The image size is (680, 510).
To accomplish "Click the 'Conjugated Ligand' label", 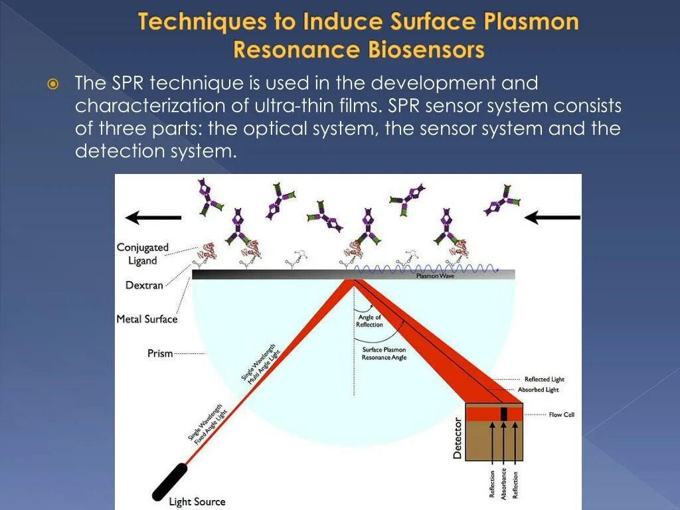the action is [143, 254].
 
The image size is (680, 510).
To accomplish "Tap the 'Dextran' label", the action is [144, 286].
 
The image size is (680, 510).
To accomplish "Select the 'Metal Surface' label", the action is [147, 319].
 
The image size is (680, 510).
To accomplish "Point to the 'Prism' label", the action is [160, 354].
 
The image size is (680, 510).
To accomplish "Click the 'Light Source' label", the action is [197, 502].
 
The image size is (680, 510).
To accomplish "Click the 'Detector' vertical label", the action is [458, 438].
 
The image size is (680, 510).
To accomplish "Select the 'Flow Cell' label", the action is [561, 415].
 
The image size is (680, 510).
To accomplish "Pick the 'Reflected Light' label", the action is [545, 379].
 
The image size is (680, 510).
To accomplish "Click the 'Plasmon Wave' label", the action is [435, 276].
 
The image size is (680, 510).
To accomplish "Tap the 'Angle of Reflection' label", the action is [369, 321].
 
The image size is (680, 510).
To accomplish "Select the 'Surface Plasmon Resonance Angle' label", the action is [384, 353].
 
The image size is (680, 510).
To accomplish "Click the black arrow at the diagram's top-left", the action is [153, 217].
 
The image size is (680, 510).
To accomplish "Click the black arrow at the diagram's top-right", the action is [552, 217].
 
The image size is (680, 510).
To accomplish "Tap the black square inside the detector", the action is [504, 414].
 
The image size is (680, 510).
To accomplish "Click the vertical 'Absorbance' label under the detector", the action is [504, 483].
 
